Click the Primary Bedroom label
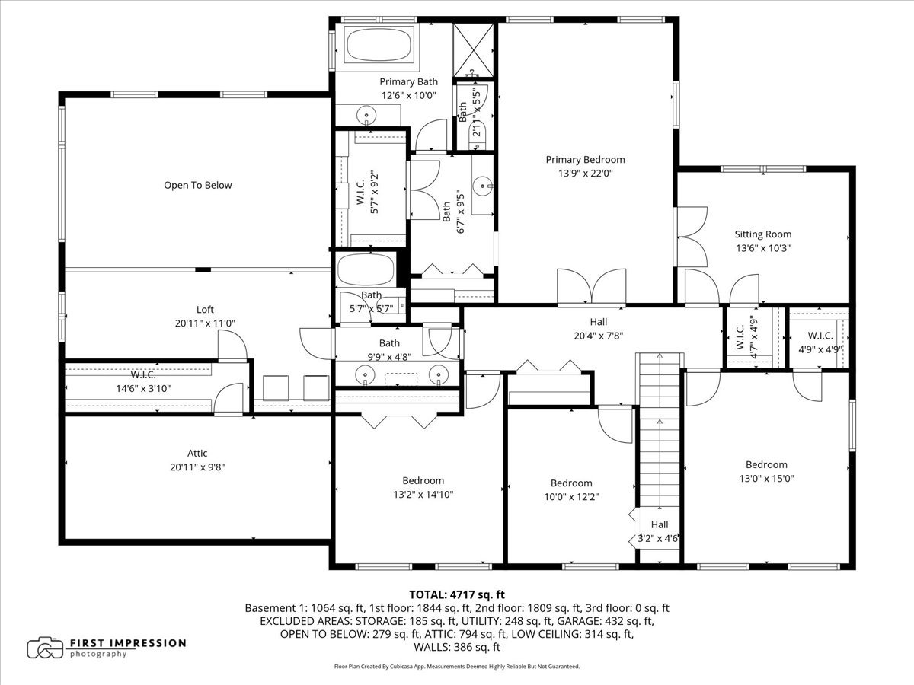(x=585, y=159)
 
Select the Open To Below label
(x=197, y=185)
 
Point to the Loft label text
(x=205, y=309)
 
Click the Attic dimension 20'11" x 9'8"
(x=197, y=467)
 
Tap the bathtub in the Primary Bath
(x=379, y=44)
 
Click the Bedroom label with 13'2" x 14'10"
(x=423, y=480)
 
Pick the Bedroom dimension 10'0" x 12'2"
(x=570, y=497)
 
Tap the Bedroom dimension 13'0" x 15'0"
(x=765, y=479)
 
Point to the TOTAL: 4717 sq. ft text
(x=457, y=594)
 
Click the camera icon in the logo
(x=45, y=648)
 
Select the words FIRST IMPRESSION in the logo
(x=127, y=642)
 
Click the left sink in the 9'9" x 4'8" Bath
(x=367, y=374)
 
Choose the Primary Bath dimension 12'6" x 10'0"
(x=408, y=95)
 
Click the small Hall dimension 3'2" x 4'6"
(x=659, y=538)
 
